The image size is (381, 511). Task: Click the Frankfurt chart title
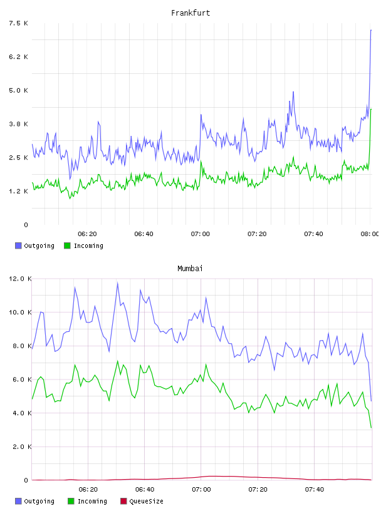pyautogui.click(x=190, y=13)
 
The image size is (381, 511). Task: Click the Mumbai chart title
pyautogui.click(x=190, y=269)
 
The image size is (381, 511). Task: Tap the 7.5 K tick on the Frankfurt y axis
pyautogui.click(x=19, y=23)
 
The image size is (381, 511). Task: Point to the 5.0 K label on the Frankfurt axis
pyautogui.click(x=19, y=90)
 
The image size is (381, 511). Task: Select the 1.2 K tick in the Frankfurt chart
pyautogui.click(x=19, y=191)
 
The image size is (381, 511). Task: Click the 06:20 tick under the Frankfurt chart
pyautogui.click(x=88, y=234)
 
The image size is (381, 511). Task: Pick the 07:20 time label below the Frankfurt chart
pyautogui.click(x=257, y=234)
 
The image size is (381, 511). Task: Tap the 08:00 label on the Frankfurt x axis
pyautogui.click(x=370, y=234)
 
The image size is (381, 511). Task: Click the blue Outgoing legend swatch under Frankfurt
pyautogui.click(x=18, y=245)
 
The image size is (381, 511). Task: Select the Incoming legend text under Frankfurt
pyautogui.click(x=88, y=245)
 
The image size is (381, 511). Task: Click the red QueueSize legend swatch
pyautogui.click(x=123, y=501)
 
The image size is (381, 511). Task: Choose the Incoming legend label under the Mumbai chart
pyautogui.click(x=92, y=501)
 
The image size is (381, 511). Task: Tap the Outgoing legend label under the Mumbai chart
pyautogui.click(x=39, y=501)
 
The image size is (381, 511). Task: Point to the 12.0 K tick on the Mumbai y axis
pyautogui.click(x=20, y=279)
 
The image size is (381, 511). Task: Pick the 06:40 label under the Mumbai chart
pyautogui.click(x=145, y=490)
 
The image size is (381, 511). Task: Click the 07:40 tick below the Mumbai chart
pyautogui.click(x=315, y=490)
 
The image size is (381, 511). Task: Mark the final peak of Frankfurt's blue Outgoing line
pyautogui.click(x=371, y=30)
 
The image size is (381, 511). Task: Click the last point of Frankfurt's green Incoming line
pyautogui.click(x=371, y=109)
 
